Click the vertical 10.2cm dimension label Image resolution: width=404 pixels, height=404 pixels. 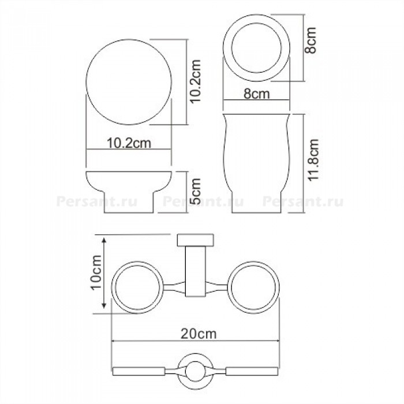pyautogui.click(x=195, y=81)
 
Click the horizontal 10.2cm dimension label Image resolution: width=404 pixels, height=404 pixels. pyautogui.click(x=129, y=143)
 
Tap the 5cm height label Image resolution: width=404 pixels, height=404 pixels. pyautogui.click(x=195, y=191)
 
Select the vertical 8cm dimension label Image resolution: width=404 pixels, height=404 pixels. pyautogui.click(x=310, y=40)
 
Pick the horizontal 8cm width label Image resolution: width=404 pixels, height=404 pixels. pyautogui.click(x=257, y=93)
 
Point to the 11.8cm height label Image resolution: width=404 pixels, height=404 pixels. pyautogui.click(x=313, y=160)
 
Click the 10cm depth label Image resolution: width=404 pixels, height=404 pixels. pyautogui.click(x=96, y=272)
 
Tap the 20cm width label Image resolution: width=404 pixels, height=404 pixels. pyautogui.click(x=199, y=334)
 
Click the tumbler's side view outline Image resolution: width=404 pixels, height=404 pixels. pyautogui.click(x=223, y=155)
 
